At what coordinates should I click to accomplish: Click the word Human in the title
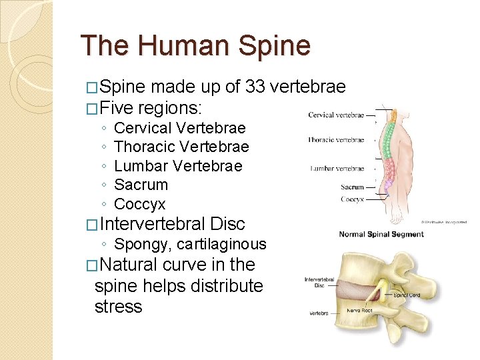(x=181, y=45)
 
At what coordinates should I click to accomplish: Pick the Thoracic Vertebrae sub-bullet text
(x=181, y=147)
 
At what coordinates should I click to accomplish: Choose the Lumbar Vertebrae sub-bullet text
(x=178, y=166)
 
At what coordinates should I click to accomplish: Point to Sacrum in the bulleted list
(x=141, y=185)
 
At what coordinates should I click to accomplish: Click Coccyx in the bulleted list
(x=140, y=204)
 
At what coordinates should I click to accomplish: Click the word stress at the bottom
(x=119, y=307)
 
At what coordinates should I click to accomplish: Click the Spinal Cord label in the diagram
(x=406, y=294)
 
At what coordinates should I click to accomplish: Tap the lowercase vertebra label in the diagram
(x=319, y=313)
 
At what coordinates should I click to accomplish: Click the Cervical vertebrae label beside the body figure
(x=336, y=115)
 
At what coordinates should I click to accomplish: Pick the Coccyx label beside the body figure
(x=352, y=199)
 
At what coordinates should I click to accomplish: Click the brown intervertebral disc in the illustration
(x=360, y=289)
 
